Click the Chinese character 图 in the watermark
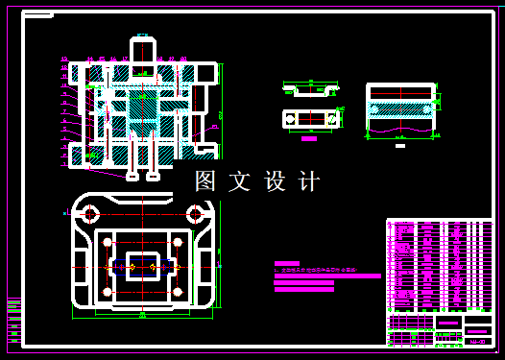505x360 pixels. coord(204,180)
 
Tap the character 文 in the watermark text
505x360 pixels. coord(238,180)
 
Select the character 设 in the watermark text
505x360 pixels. coord(274,180)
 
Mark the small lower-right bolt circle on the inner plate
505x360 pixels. coord(179,291)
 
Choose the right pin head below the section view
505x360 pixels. coord(153,176)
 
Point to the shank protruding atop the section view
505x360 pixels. coord(143,48)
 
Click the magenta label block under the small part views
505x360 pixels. coord(308,138)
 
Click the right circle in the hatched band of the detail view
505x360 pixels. coord(428,108)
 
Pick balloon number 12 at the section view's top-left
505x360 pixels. coord(64,60)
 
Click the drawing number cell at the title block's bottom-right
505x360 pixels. coord(476,340)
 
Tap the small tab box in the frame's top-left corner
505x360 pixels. coord(38,16)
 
